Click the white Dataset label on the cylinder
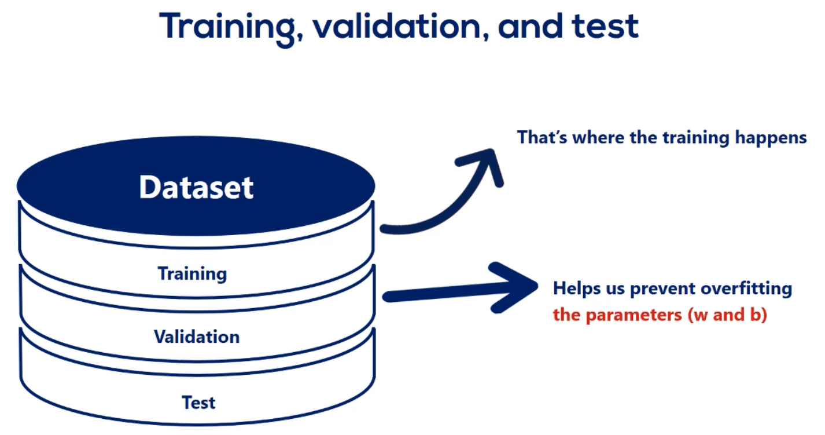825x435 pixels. click(x=196, y=187)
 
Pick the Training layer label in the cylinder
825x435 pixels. click(x=192, y=274)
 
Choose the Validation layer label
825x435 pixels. click(x=197, y=337)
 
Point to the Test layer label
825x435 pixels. click(x=198, y=402)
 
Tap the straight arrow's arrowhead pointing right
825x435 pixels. click(x=514, y=287)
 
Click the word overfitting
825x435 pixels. click(x=746, y=288)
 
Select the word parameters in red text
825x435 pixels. click(x=634, y=316)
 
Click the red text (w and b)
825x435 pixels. click(x=727, y=315)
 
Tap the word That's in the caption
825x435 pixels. click(x=542, y=137)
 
